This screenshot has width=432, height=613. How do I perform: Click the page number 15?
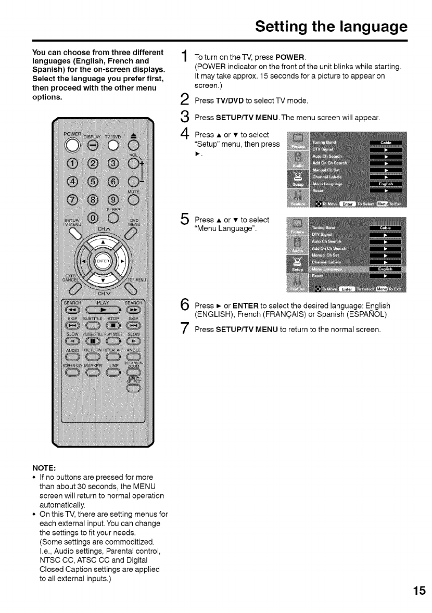pyautogui.click(x=419, y=591)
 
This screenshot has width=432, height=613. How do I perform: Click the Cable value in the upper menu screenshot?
pyautogui.click(x=386, y=142)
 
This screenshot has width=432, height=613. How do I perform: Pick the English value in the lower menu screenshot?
pyautogui.click(x=386, y=269)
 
